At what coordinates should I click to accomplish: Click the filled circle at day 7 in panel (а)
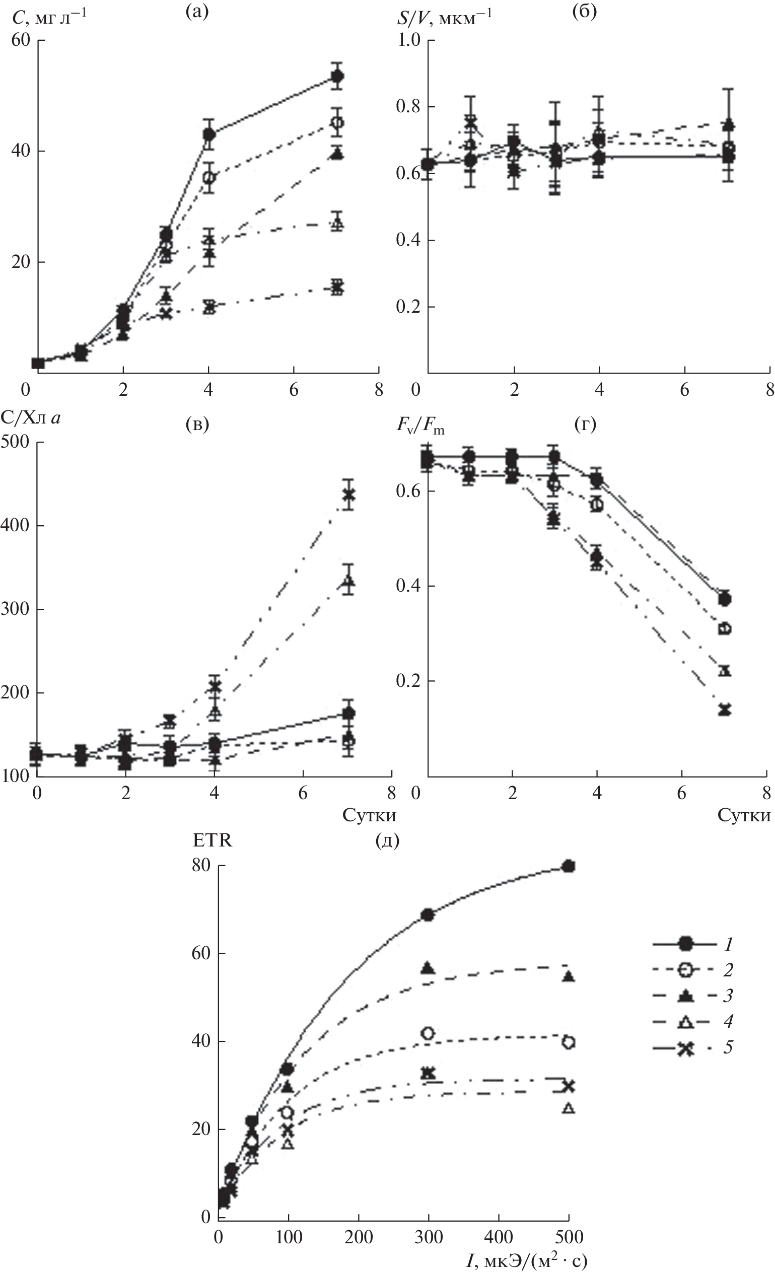(x=337, y=77)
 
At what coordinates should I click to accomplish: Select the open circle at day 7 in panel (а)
(x=337, y=123)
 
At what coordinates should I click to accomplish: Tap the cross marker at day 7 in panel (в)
(x=349, y=495)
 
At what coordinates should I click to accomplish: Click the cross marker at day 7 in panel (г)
(x=724, y=710)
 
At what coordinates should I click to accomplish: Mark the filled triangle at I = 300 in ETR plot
(x=429, y=968)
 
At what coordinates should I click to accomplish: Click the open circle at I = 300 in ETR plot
(x=429, y=1033)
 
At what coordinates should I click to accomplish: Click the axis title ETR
(x=213, y=840)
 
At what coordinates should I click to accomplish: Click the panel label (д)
(x=387, y=840)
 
